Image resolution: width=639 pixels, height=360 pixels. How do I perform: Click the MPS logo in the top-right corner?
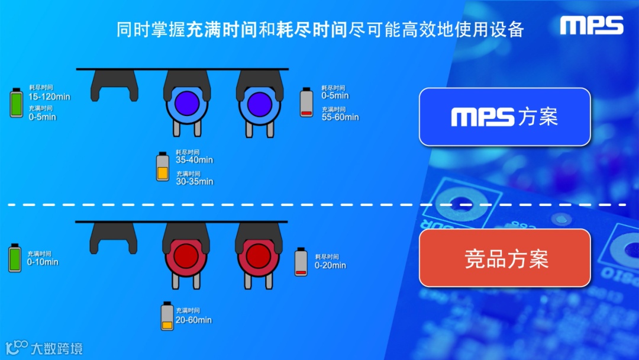[x=592, y=25]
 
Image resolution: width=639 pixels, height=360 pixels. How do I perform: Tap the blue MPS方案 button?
[x=505, y=117]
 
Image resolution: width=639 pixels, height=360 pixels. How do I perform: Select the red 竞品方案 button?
[x=505, y=258]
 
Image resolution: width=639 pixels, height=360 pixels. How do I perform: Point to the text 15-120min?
[x=49, y=97]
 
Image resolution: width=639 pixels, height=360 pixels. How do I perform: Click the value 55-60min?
[x=340, y=117]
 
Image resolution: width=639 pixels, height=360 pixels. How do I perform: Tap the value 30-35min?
[x=194, y=181]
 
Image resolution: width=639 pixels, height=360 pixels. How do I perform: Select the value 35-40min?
[x=194, y=160]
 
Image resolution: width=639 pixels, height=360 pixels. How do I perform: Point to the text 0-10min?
[x=43, y=262]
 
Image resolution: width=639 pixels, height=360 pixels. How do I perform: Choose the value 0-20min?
[x=330, y=265]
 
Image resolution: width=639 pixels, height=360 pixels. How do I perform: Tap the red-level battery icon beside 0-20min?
[x=301, y=262]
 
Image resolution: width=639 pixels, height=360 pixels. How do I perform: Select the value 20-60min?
[x=193, y=320]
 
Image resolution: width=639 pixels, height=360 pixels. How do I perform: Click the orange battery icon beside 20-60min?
[x=167, y=316]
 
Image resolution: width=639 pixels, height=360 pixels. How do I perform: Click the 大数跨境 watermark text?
[x=57, y=348]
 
